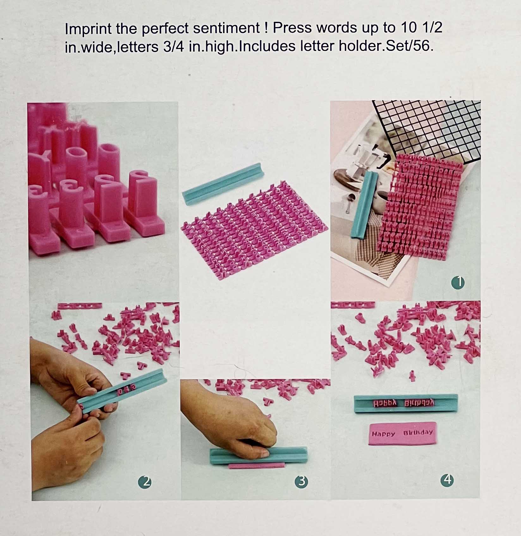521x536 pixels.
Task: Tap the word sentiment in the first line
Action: click(226, 28)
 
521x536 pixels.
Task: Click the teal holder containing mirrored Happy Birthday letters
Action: click(406, 403)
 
